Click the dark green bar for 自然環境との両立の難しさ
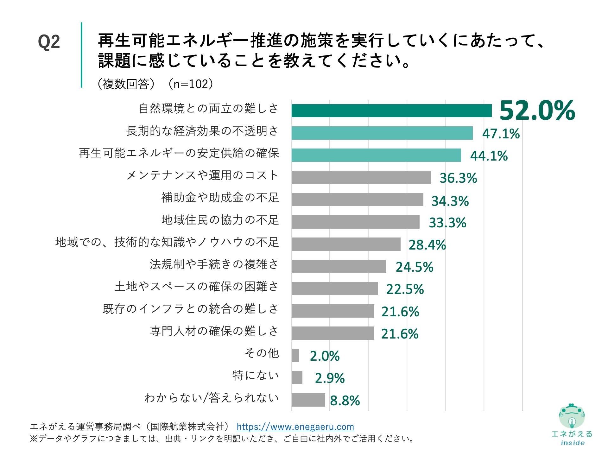pyautogui.click(x=391, y=111)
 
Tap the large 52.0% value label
pyautogui.click(x=537, y=110)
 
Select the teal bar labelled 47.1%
pyautogui.click(x=382, y=133)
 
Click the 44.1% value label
pyautogui.click(x=489, y=156)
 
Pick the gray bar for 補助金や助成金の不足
pyautogui.click(x=357, y=200)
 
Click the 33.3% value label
pyautogui.click(x=447, y=223)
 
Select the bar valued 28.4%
pyautogui.click(x=346, y=244)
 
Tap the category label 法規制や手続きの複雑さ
pyautogui.click(x=214, y=264)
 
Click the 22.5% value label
pyautogui.click(x=405, y=289)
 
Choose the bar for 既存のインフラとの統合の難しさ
pyautogui.click(x=332, y=311)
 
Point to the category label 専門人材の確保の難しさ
pyautogui.click(x=214, y=331)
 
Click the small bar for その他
pyautogui.click(x=295, y=355)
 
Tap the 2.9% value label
pyautogui.click(x=330, y=378)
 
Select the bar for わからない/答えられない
pyautogui.click(x=308, y=400)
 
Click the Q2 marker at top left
pyautogui.click(x=49, y=42)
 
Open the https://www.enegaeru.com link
pyautogui.click(x=295, y=427)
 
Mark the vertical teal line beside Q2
pyautogui.click(x=81, y=55)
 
